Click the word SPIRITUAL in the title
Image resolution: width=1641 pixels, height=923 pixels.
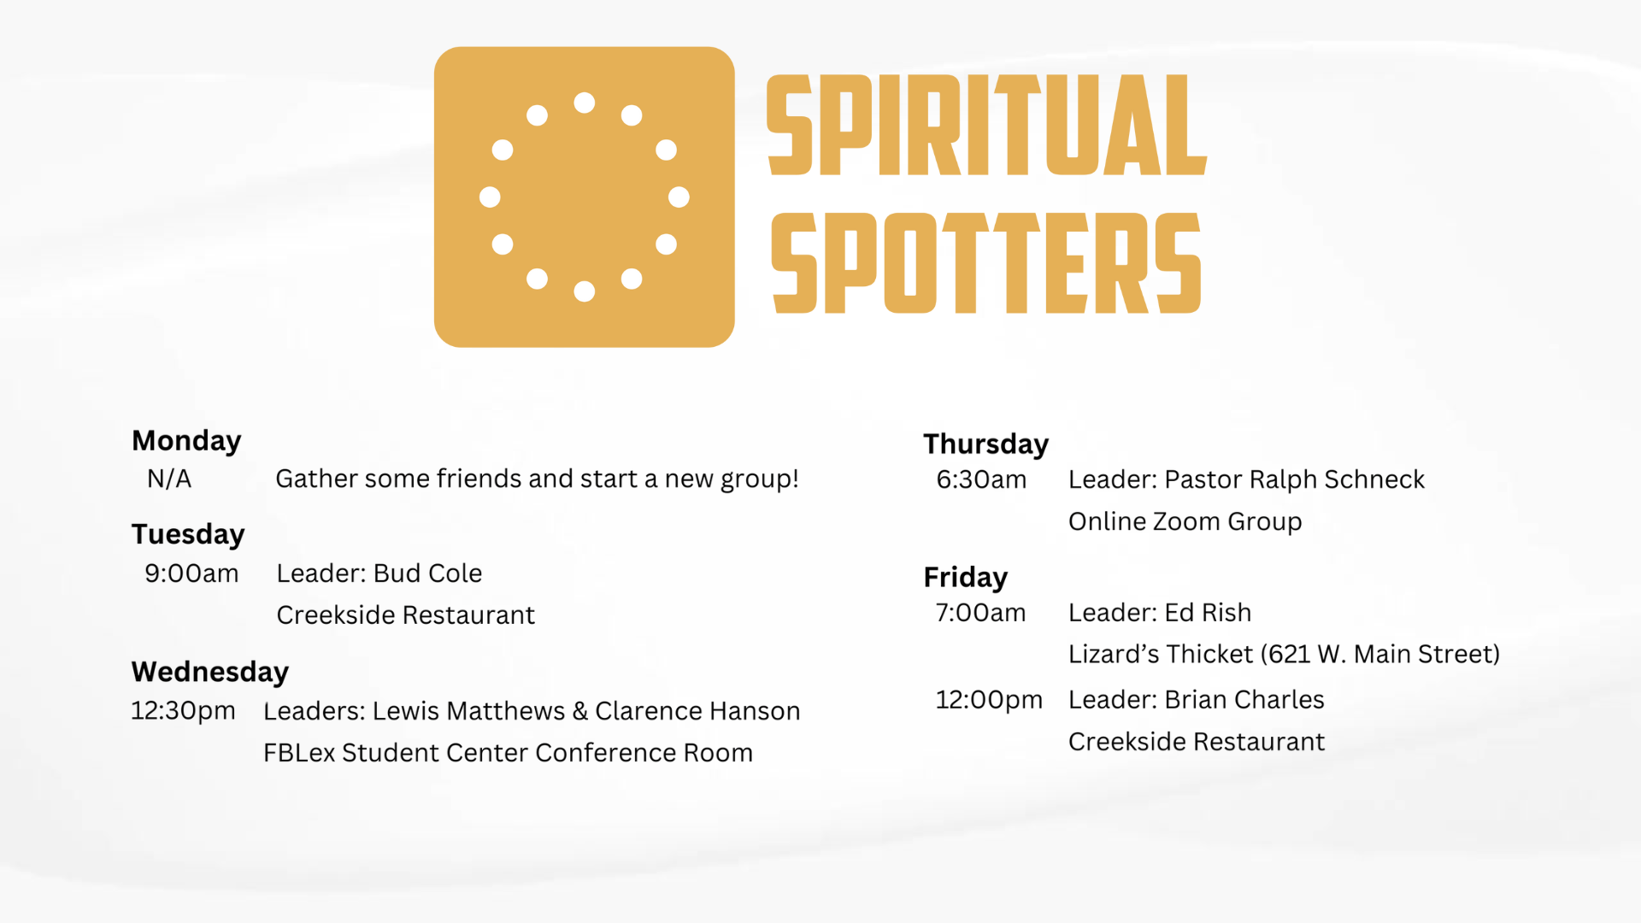986,125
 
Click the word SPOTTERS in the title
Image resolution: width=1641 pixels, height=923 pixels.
986,263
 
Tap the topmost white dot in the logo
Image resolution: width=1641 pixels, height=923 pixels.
585,103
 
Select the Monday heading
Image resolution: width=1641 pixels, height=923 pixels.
186,441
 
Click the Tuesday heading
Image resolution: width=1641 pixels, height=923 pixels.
188,534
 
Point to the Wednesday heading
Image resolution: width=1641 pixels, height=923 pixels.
210,672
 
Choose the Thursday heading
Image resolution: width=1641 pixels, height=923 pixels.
985,444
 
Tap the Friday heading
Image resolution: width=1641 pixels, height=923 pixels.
966,578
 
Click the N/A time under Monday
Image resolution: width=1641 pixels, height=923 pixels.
169,479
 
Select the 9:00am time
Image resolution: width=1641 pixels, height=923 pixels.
191,573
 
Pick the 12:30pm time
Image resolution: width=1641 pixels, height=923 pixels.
183,711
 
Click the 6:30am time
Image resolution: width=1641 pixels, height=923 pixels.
981,479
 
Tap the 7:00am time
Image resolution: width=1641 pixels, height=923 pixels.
980,613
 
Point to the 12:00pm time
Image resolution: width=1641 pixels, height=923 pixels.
989,700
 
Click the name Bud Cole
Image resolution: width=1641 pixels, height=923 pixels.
427,573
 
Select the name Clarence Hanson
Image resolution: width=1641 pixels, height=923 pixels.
697,711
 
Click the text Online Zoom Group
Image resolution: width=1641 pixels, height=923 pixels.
1185,521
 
